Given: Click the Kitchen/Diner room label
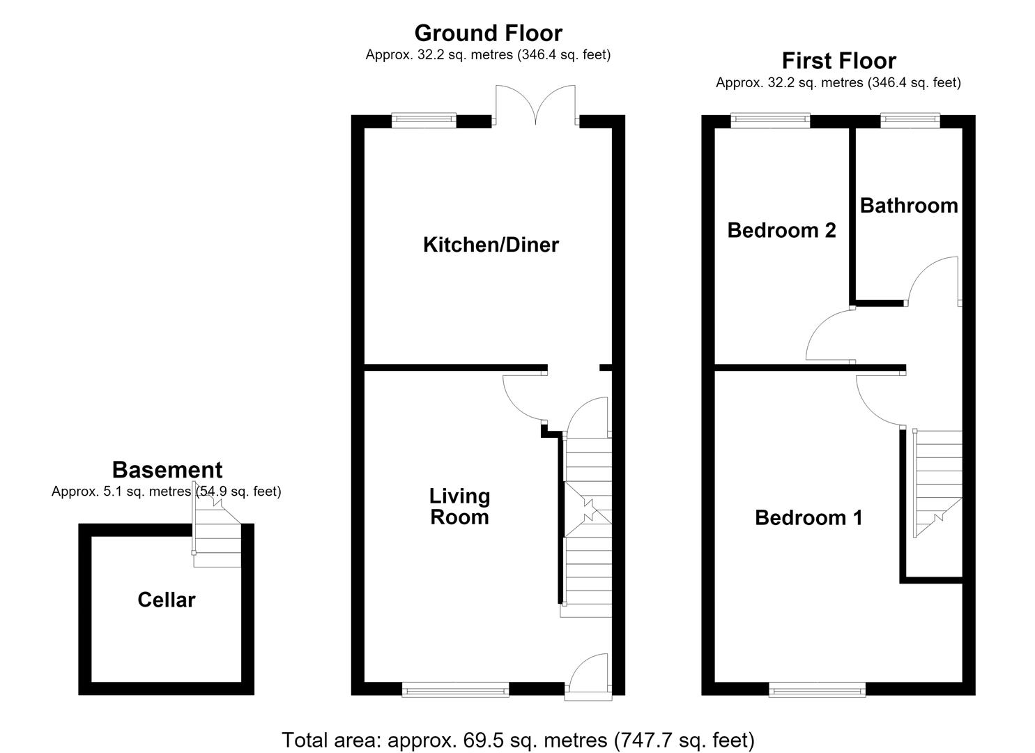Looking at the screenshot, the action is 491,245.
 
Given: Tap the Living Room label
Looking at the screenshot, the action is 459,506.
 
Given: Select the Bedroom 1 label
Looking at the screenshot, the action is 808,518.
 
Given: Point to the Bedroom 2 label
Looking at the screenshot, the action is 782,230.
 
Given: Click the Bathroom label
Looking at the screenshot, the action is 909,206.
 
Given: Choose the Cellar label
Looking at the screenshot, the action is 167,600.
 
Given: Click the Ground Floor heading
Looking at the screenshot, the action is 489,33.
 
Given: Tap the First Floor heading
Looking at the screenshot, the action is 839,61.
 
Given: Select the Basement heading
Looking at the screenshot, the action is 167,470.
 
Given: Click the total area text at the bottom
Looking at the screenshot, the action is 518,740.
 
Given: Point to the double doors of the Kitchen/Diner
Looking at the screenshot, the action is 535,105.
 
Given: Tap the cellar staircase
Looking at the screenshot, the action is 217,538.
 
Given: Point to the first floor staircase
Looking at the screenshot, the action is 937,483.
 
